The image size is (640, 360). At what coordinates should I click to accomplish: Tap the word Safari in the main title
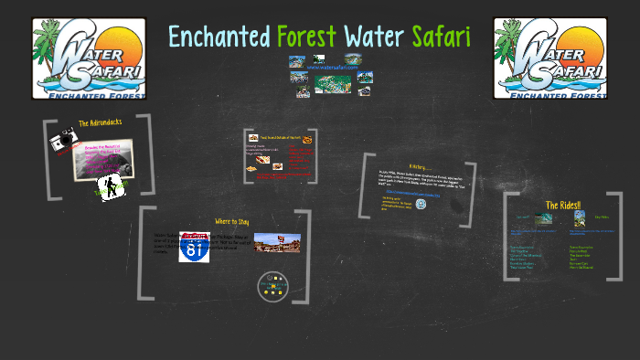pyautogui.click(x=441, y=37)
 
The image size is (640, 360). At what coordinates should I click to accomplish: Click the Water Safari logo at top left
pyautogui.click(x=88, y=58)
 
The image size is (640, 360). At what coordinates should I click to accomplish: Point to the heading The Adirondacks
pyautogui.click(x=100, y=122)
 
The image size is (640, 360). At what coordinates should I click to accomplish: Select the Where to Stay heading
pyautogui.click(x=231, y=221)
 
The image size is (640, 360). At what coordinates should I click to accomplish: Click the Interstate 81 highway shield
pyautogui.click(x=194, y=248)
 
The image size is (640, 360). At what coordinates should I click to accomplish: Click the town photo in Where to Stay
pyautogui.click(x=276, y=243)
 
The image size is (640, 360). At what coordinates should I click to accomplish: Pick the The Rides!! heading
pyautogui.click(x=564, y=205)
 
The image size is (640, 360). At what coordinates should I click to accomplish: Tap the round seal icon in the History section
pyautogui.click(x=421, y=204)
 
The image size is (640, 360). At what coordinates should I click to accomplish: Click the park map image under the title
pyautogui.click(x=332, y=84)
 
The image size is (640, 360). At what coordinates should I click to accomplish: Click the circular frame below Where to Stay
pyautogui.click(x=273, y=286)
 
